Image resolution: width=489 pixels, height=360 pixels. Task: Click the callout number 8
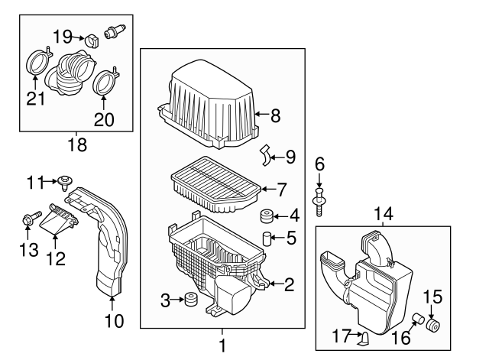point(275,116)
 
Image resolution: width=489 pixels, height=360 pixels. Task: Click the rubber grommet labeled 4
point(267,216)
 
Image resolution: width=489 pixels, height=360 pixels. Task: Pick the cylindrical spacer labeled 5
point(267,238)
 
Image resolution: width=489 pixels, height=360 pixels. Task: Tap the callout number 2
point(289,285)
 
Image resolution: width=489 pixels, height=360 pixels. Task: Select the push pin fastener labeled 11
point(65,182)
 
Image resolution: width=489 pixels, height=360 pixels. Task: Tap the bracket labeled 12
point(59,222)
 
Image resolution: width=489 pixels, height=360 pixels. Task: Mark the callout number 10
point(112,321)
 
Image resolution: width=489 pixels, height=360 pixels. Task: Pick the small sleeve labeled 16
point(418,319)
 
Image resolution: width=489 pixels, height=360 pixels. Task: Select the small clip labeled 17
point(365,337)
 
